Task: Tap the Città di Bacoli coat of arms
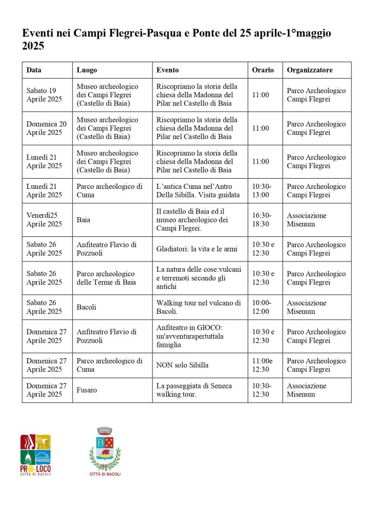click(x=105, y=451)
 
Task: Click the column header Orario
click(x=263, y=70)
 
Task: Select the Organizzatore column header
click(x=310, y=70)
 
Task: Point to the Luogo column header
click(x=87, y=70)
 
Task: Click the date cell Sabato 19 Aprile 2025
click(x=44, y=95)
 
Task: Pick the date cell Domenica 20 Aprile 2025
click(x=46, y=128)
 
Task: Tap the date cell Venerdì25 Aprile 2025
click(x=44, y=220)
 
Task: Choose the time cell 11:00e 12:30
click(x=263, y=365)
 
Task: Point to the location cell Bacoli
click(x=87, y=307)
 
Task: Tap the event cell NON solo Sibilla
click(x=182, y=365)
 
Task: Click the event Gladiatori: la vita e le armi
click(x=197, y=249)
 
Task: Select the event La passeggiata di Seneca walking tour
click(x=194, y=390)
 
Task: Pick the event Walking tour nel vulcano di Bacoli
click(x=198, y=307)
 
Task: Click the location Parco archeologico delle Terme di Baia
click(x=106, y=278)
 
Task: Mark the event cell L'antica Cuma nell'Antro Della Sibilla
click(x=198, y=191)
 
